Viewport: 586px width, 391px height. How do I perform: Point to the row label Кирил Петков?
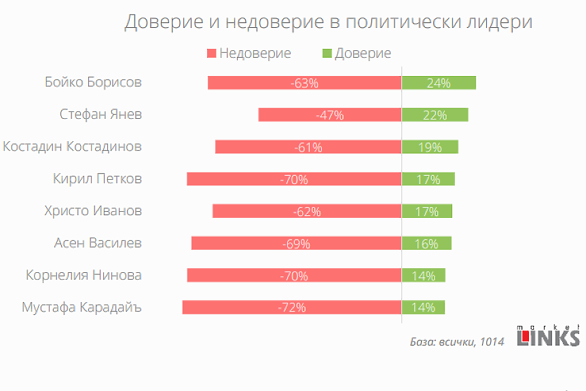(x=98, y=179)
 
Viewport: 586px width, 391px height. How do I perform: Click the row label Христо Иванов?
(x=92, y=210)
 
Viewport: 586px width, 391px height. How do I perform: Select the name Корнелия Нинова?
(x=84, y=275)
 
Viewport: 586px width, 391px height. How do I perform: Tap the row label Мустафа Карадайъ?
(x=81, y=307)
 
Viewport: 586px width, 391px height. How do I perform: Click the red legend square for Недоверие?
(x=211, y=54)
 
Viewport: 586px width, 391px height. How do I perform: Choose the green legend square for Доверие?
(x=327, y=54)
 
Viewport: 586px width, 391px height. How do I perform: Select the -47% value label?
(x=329, y=115)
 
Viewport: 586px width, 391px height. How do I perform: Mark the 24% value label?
(x=439, y=83)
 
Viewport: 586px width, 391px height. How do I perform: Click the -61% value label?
(x=308, y=147)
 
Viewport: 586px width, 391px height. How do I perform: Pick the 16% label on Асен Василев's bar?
(x=426, y=244)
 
